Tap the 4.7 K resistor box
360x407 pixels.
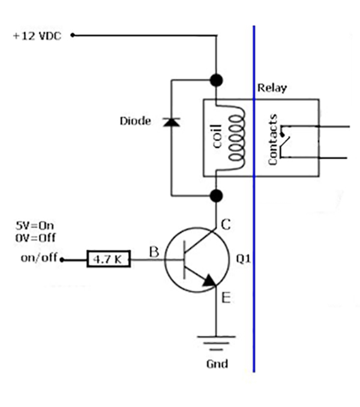tap(106, 260)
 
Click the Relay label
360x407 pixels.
tap(272, 88)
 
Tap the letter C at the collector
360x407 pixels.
tap(227, 225)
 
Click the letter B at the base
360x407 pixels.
tap(154, 253)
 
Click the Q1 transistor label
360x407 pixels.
tap(243, 260)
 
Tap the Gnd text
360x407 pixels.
tap(217, 364)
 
